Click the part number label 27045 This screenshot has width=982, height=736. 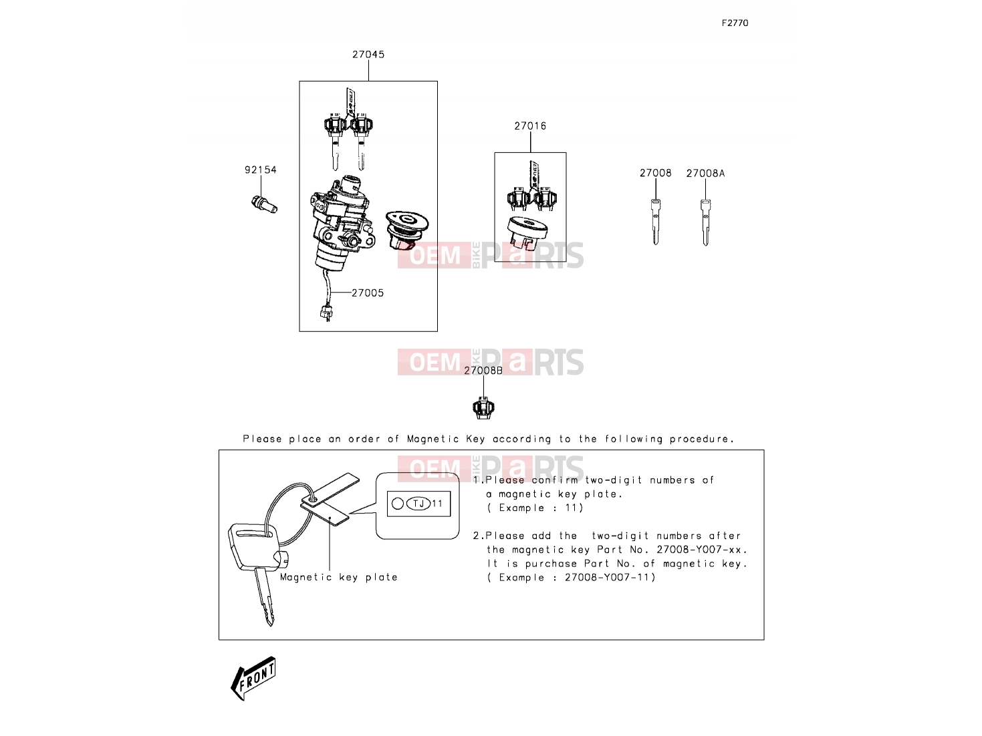click(x=368, y=55)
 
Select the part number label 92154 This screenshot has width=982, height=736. click(x=261, y=170)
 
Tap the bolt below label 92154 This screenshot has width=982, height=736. click(x=265, y=204)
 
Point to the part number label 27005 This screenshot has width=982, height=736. click(x=368, y=293)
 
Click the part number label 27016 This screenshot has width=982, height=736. click(x=530, y=126)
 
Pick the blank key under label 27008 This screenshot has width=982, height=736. click(x=655, y=222)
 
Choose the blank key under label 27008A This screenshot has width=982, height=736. click(x=705, y=222)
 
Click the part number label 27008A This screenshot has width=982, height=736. click(x=705, y=174)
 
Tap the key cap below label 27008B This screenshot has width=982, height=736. click(x=483, y=407)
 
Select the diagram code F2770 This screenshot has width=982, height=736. click(x=735, y=23)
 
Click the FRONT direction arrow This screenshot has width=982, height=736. click(x=253, y=678)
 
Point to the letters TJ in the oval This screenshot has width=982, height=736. click(x=418, y=504)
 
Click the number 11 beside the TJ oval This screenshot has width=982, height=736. click(x=437, y=504)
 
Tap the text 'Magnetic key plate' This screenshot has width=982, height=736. click(x=339, y=577)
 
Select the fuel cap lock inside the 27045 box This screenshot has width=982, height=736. click(x=406, y=230)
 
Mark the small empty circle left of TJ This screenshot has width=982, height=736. click(x=397, y=504)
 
